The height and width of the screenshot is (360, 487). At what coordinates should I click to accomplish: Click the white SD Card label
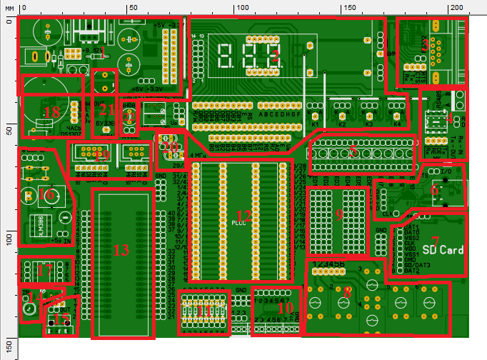pyautogui.click(x=443, y=250)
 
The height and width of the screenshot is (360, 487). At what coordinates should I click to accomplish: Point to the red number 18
pyautogui.click(x=51, y=112)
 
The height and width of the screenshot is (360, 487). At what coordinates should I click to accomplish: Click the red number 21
pyautogui.click(x=106, y=109)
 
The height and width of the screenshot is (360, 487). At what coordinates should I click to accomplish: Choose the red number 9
pyautogui.click(x=339, y=215)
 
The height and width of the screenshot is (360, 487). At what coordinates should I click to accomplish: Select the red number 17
pyautogui.click(x=44, y=271)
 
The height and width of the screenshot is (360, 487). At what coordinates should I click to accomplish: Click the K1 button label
pyautogui.click(x=314, y=124)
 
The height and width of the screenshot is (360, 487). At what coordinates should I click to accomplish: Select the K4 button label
pyautogui.click(x=396, y=124)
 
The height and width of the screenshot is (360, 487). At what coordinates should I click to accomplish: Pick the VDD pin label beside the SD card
pyautogui.click(x=410, y=248)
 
